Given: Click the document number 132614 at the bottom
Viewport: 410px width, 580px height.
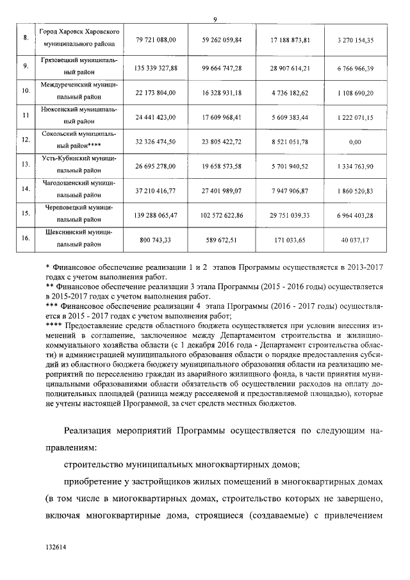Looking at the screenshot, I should [56, 548].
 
